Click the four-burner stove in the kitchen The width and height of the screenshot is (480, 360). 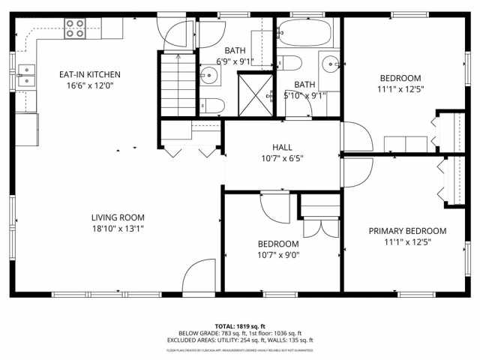coord(75,28)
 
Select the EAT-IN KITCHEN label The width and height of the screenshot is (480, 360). coord(90,74)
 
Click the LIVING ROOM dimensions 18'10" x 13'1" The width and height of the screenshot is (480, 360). coord(118,229)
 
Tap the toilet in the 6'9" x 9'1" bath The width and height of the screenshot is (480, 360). coord(212,106)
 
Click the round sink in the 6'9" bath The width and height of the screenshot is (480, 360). coord(208,75)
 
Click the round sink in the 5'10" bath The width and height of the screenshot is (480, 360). coord(331,65)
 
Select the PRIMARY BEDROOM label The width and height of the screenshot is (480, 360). coord(407,230)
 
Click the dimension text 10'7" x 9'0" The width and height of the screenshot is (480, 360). coord(278,255)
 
